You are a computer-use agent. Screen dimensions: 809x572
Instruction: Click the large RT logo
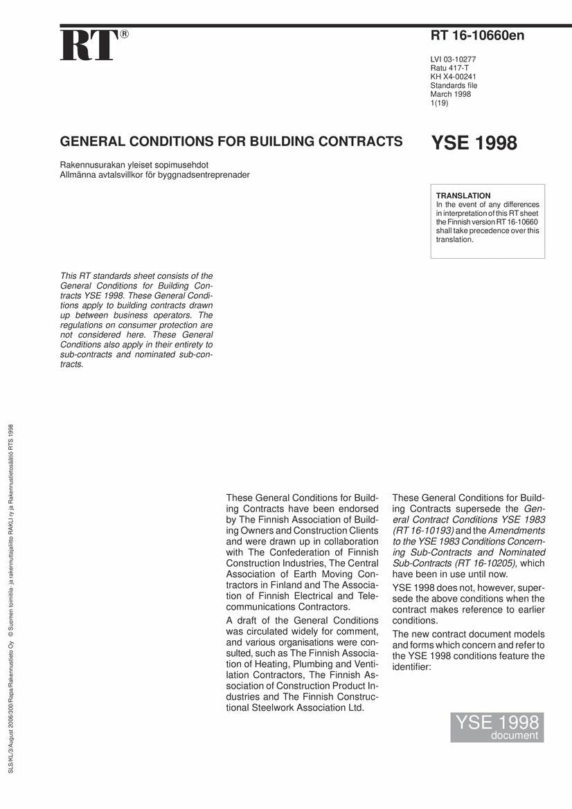tap(89, 46)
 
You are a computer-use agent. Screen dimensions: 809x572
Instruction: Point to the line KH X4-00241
tap(454, 77)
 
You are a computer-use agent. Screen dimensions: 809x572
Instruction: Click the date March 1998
tap(451, 94)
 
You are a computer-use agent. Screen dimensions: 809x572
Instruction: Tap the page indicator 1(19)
tap(440, 103)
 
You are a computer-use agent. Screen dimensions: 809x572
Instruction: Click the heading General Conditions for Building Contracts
tap(231, 142)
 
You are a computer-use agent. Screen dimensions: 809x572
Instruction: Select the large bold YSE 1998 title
tap(474, 143)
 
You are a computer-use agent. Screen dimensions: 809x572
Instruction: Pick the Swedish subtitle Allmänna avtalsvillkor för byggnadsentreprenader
tap(155, 174)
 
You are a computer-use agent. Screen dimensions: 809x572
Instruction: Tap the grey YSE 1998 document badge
tap(497, 727)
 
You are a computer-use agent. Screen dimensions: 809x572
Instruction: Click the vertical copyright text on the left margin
tap(10, 602)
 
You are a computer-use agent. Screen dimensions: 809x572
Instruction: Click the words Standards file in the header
tap(454, 86)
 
